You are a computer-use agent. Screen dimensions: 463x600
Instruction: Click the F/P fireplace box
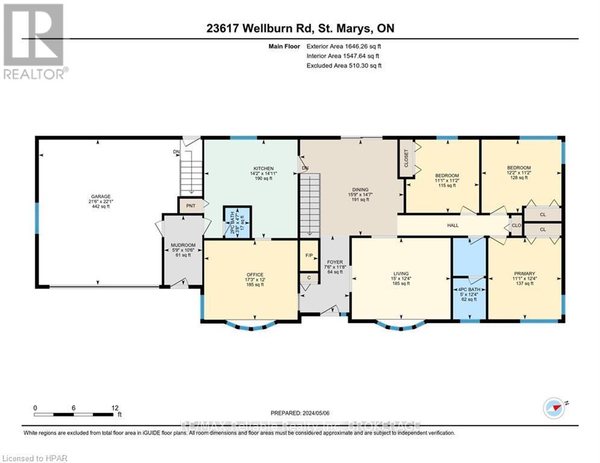point(308,255)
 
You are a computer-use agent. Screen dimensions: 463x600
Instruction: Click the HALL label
point(452,225)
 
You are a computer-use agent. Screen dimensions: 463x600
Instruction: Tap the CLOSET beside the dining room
point(406,159)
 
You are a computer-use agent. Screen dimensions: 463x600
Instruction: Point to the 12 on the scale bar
point(115,408)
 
